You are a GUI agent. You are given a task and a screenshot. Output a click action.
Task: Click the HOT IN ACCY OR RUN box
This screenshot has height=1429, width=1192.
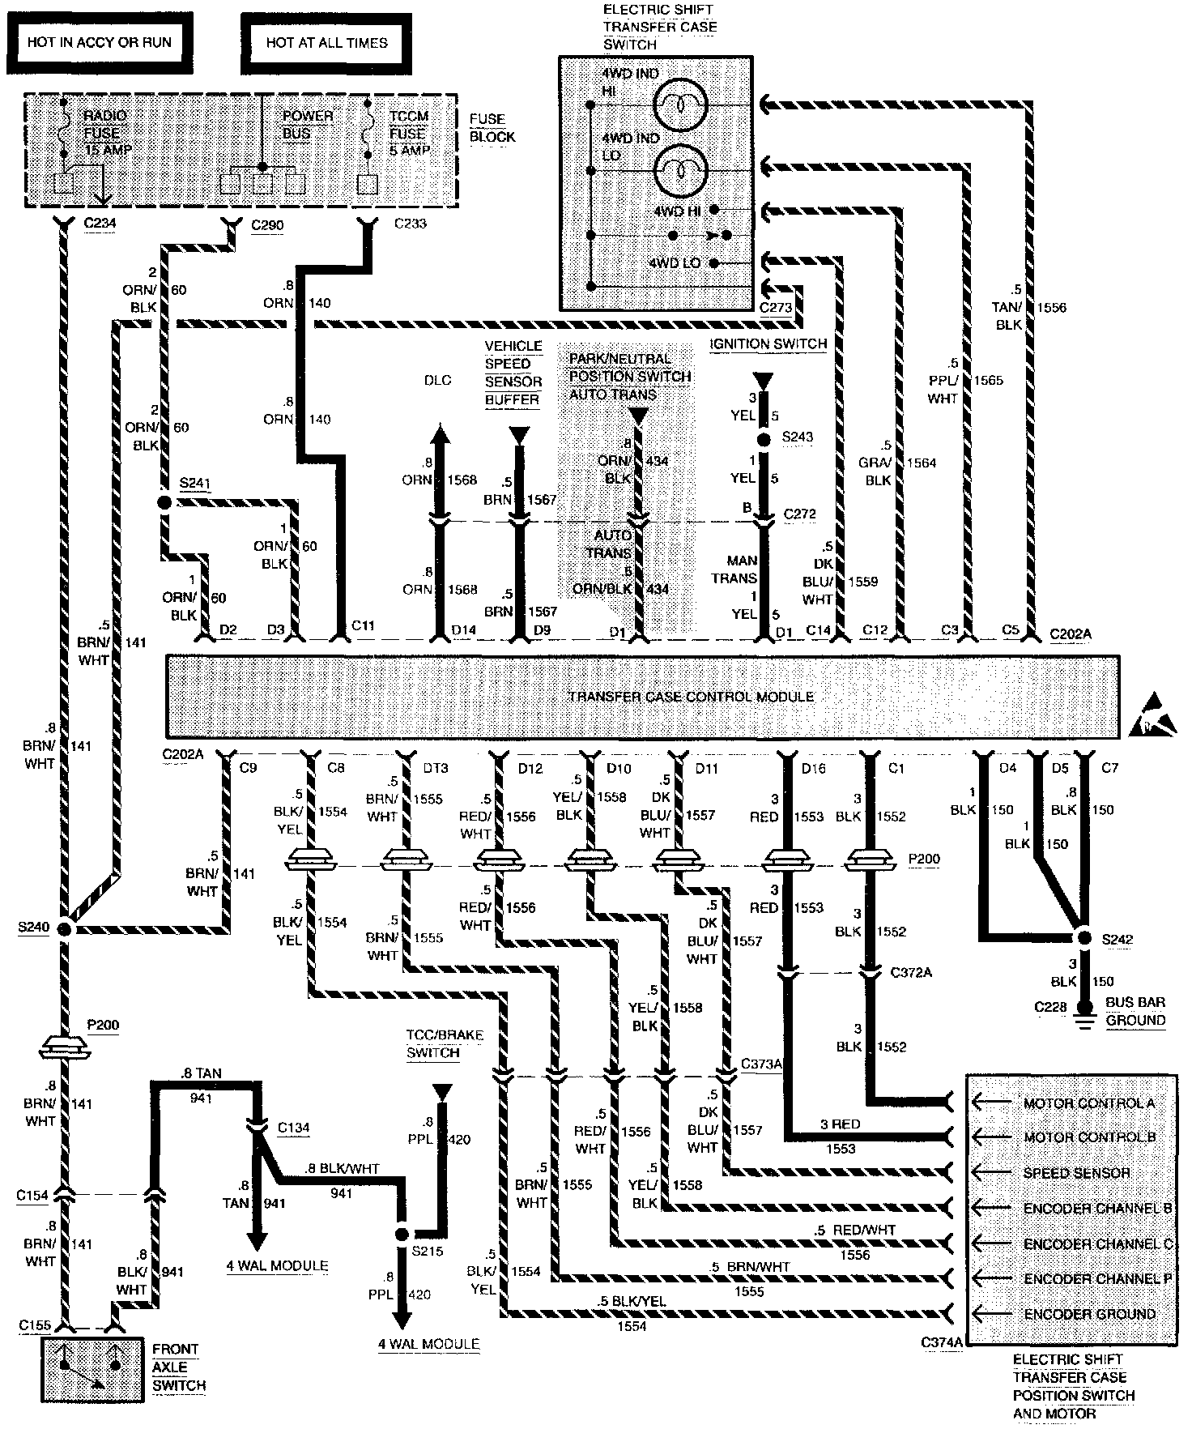99,42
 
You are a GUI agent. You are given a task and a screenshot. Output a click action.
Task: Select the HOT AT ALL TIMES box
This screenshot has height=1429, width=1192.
326,42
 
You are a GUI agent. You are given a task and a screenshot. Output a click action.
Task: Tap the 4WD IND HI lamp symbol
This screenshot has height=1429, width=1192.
681,105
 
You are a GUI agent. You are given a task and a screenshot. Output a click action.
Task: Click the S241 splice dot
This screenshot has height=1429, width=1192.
164,503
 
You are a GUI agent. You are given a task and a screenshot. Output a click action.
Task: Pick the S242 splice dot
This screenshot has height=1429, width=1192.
1083,938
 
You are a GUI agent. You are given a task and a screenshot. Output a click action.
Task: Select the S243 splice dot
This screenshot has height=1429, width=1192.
763,440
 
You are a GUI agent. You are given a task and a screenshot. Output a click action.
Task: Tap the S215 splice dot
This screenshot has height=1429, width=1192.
401,1235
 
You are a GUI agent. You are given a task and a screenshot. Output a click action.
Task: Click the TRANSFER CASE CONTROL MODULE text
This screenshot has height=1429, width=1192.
691,696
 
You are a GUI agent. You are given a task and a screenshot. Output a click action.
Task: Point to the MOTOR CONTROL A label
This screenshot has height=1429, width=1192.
1088,1103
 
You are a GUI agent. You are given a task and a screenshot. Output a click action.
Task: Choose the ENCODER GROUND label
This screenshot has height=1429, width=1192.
1089,1313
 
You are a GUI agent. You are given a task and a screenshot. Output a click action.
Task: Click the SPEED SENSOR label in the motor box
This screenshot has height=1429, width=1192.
1076,1173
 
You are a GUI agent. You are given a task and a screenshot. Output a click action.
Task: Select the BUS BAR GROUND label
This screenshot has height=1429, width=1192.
1135,1011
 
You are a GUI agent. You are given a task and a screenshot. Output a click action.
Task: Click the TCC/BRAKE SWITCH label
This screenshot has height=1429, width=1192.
444,1044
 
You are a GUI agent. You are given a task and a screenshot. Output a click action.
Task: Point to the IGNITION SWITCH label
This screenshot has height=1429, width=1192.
768,343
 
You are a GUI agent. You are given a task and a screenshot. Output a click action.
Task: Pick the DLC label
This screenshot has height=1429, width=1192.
437,380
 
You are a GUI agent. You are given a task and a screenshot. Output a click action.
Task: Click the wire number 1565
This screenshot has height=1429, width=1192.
988,380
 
